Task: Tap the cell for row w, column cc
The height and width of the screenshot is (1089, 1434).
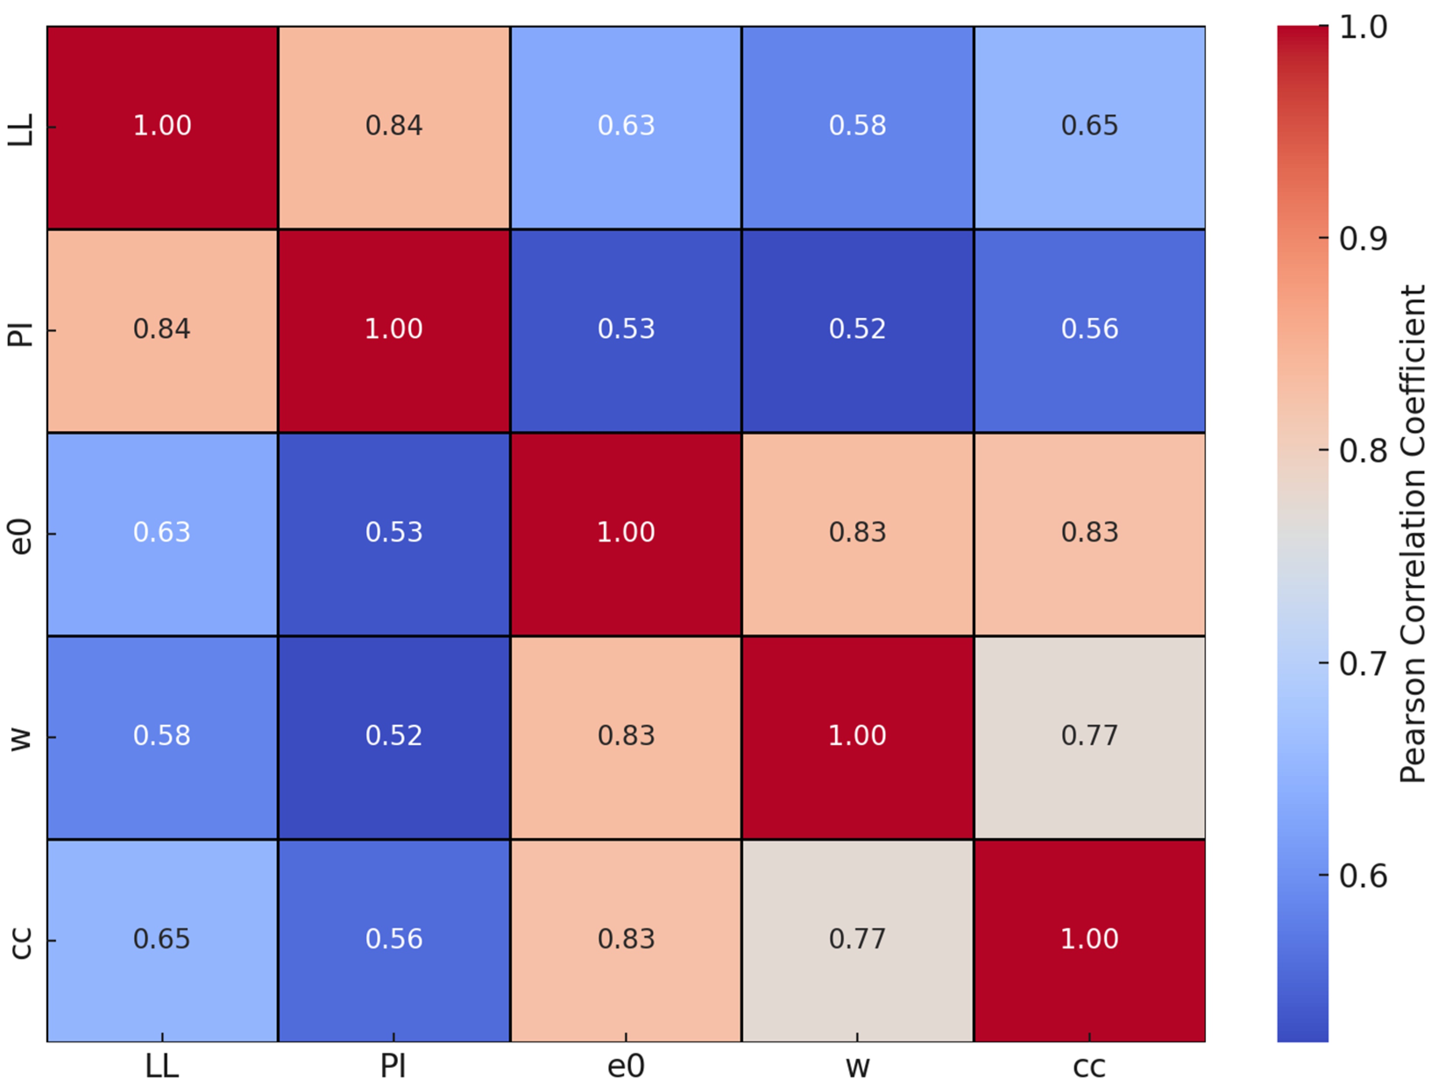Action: coord(1089,737)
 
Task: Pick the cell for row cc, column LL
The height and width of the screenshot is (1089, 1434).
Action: coord(162,940)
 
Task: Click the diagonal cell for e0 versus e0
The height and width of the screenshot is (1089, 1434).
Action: coord(626,533)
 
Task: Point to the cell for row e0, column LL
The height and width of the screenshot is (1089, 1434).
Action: coord(162,533)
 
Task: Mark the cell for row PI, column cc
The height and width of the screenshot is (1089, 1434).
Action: coord(1089,330)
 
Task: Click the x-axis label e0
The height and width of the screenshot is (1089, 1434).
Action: coord(626,1066)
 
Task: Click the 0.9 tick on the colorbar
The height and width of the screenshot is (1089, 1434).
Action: coord(1363,238)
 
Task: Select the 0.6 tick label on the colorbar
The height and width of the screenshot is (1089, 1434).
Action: coord(1363,875)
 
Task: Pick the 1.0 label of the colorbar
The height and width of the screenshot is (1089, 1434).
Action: coord(1363,27)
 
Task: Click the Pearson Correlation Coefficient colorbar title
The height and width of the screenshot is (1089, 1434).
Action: coord(1412,533)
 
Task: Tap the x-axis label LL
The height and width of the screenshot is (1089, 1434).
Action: coord(162,1066)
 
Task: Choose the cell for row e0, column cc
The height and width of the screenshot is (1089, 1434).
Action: coord(1089,533)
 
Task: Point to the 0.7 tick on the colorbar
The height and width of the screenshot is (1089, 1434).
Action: coord(1363,663)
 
